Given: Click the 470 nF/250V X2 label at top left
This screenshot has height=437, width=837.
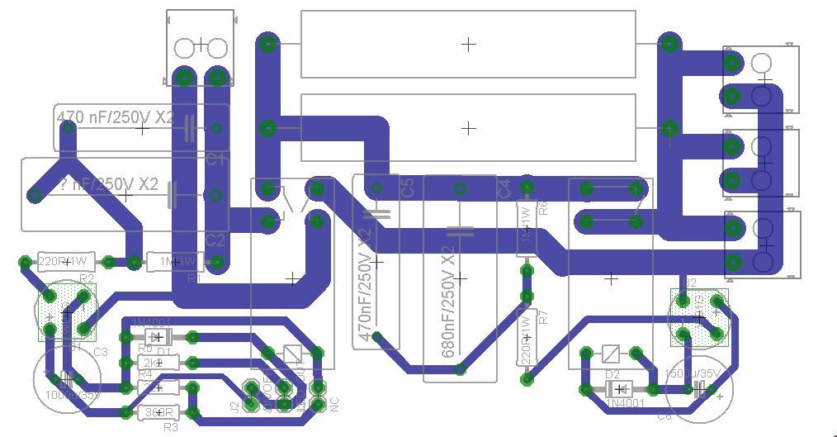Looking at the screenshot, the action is pos(116,116).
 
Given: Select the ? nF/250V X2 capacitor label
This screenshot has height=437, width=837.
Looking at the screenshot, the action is pos(108,183).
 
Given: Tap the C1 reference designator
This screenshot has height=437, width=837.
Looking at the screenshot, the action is pos(215,159).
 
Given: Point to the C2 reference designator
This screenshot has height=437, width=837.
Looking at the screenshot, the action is pos(215,240).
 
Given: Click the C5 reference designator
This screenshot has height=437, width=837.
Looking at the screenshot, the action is pos(407,187).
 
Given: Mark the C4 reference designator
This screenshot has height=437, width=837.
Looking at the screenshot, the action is pos(504,187).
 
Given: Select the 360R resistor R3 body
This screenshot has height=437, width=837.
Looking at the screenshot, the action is pos(158,412).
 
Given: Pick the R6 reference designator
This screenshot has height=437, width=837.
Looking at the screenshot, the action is pos(542,207).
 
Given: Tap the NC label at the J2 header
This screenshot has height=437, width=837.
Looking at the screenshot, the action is pos(334,405).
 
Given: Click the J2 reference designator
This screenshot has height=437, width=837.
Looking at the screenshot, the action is pos(234,406).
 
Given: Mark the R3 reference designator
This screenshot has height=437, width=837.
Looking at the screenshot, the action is pos(170,427).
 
